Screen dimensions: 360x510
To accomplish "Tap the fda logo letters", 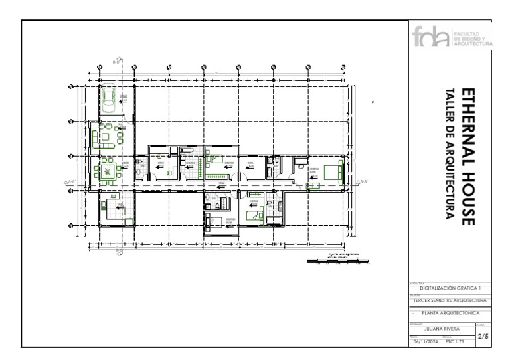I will [x=429, y=37].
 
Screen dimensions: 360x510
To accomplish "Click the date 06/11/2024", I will [x=426, y=343].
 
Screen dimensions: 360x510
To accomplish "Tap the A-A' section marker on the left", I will [x=68, y=181].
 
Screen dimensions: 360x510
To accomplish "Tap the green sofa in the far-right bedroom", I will [x=312, y=186].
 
